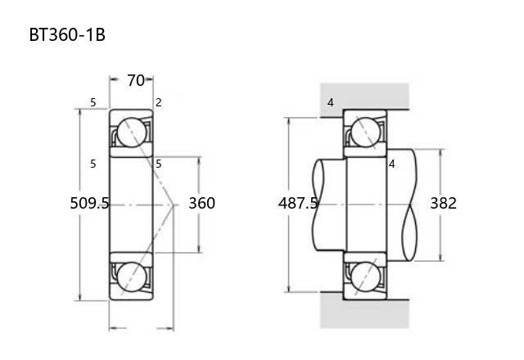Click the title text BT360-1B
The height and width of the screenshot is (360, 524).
(x=67, y=34)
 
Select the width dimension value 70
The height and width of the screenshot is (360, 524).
(x=136, y=80)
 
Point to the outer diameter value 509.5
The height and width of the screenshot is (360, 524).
(x=89, y=203)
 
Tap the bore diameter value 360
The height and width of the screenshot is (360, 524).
(x=202, y=203)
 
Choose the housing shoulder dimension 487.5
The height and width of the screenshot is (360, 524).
(x=298, y=203)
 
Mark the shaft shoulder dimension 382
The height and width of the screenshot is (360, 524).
(x=443, y=203)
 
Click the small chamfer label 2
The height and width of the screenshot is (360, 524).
(x=159, y=102)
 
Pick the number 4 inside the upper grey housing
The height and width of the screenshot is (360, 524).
(x=331, y=102)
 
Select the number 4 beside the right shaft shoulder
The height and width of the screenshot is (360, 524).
(x=392, y=164)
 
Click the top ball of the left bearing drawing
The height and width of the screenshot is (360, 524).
(x=132, y=133)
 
